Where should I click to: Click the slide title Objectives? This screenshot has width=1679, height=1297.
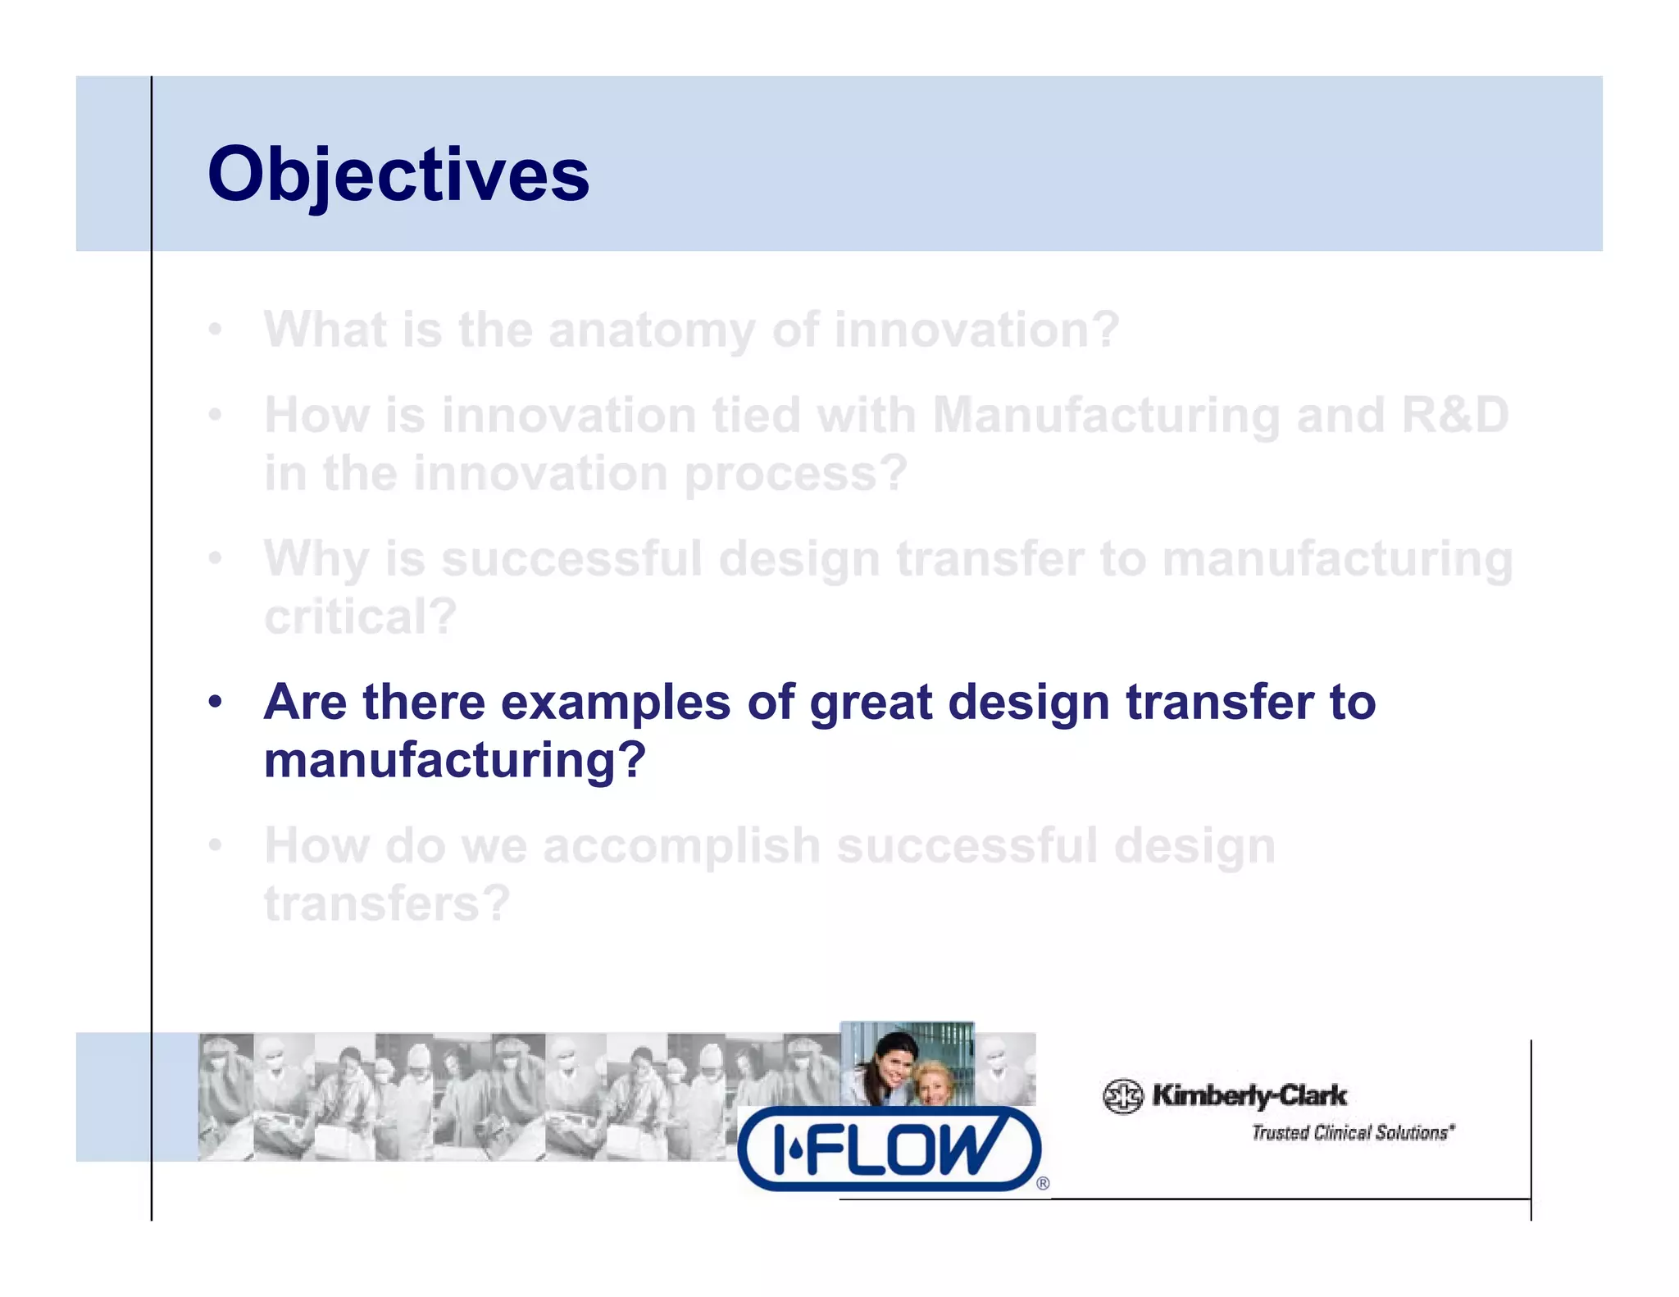398,175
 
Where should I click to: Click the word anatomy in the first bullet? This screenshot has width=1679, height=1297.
651,330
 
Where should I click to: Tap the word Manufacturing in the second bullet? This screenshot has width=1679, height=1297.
1106,415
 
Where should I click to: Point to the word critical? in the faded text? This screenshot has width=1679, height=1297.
360,617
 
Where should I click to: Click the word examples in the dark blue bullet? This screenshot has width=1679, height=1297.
615,703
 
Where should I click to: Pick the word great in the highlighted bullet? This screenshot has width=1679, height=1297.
871,703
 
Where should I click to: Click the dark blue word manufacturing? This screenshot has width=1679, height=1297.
455,760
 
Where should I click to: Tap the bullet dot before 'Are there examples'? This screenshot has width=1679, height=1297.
215,703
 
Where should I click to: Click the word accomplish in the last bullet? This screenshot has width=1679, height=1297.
681,846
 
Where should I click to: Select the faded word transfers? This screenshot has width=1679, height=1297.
387,903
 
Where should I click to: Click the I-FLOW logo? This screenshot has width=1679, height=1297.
889,1149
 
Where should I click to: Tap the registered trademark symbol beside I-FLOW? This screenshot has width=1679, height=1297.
1043,1183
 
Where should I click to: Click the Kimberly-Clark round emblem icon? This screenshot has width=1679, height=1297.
1122,1096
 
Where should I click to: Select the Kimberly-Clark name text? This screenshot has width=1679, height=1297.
1249,1095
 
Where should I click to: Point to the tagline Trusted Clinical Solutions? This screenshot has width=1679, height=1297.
1352,1133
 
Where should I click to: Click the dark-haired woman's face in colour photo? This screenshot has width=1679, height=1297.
893,1063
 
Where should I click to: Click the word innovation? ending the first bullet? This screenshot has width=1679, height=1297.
976,330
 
